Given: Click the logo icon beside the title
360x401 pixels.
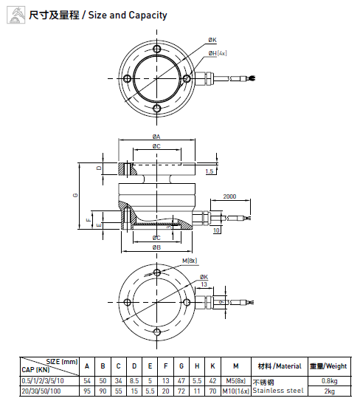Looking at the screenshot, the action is click(x=15, y=15).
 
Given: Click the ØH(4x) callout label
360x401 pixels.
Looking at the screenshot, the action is click(x=218, y=53).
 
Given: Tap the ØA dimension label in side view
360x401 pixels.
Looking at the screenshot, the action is click(x=156, y=137).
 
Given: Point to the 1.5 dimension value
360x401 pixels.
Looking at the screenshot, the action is click(x=210, y=171).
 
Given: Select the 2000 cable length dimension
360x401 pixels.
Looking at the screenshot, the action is click(x=229, y=196).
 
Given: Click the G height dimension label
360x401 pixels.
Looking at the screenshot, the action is click(x=75, y=195).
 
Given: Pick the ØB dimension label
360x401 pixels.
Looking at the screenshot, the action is click(x=156, y=247).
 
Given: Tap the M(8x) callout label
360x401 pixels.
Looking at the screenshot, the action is click(x=190, y=261).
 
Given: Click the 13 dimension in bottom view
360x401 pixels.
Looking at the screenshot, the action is click(x=204, y=284).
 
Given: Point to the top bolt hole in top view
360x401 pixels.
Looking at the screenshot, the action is click(x=156, y=49).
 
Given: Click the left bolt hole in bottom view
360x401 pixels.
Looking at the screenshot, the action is click(x=127, y=302).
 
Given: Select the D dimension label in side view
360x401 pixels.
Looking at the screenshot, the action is click(x=99, y=168).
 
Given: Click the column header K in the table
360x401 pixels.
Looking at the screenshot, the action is click(x=212, y=366).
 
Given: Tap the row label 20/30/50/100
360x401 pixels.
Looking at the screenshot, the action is click(x=41, y=391).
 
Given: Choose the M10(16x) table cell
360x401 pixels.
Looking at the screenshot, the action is click(x=235, y=391).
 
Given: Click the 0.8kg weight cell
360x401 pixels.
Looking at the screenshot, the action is click(x=329, y=381).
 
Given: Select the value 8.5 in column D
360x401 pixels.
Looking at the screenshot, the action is click(x=134, y=381).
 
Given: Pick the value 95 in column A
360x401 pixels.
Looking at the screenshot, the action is click(x=87, y=391).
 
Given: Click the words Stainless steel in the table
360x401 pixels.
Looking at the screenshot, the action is click(x=278, y=391).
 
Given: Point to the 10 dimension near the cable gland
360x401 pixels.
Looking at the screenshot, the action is click(x=216, y=230).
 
